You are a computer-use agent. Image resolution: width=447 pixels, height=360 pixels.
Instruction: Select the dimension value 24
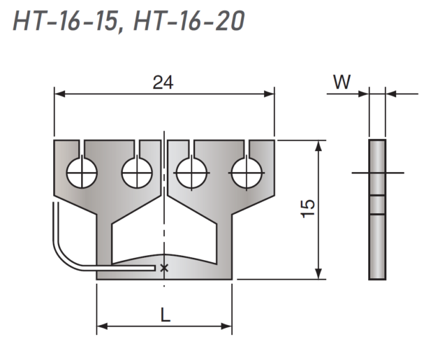(x=163, y=82)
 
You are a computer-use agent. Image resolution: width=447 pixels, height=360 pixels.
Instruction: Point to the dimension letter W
(x=342, y=82)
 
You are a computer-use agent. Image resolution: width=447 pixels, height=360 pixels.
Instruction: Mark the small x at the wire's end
(x=164, y=268)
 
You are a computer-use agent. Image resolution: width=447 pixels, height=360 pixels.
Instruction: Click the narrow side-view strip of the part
(x=377, y=210)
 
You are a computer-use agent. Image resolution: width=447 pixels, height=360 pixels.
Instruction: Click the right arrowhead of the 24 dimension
(x=270, y=93)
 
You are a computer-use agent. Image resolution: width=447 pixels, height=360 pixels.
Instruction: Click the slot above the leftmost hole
(x=82, y=148)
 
